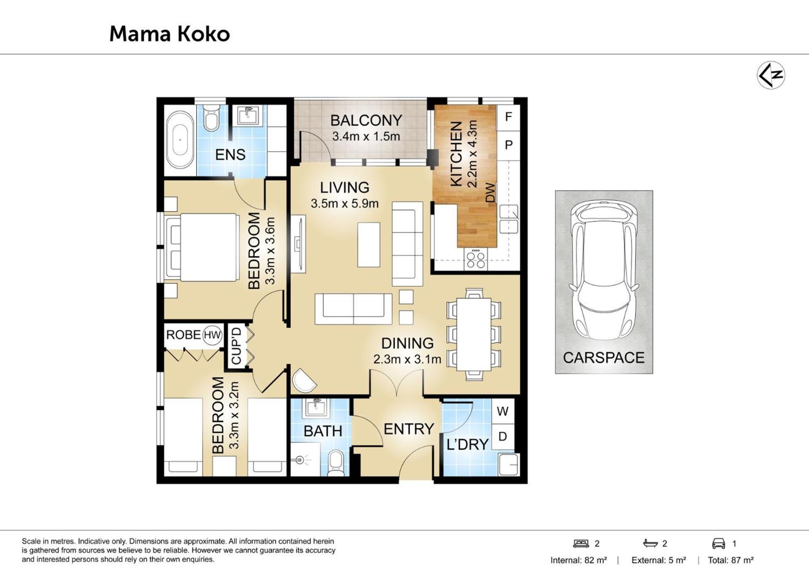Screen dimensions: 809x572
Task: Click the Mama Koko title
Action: pyautogui.click(x=170, y=34)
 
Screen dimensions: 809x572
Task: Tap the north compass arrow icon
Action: pyautogui.click(x=771, y=75)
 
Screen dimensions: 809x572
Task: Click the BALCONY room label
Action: pyautogui.click(x=366, y=120)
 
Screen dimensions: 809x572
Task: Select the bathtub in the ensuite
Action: pyautogui.click(x=180, y=140)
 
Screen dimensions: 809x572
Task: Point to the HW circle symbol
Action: pyautogui.click(x=212, y=335)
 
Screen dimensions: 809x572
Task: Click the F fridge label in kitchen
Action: pyautogui.click(x=509, y=117)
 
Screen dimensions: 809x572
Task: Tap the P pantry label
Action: pyautogui.click(x=509, y=145)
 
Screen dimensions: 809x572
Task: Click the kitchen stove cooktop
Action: pyautogui.click(x=476, y=259)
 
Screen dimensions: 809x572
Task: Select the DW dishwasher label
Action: pyautogui.click(x=490, y=192)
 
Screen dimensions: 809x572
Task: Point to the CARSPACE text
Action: pyautogui.click(x=603, y=358)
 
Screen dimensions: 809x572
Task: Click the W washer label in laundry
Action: pyautogui.click(x=503, y=411)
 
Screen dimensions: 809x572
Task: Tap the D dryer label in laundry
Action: pyautogui.click(x=503, y=436)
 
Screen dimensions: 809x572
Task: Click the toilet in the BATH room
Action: pyautogui.click(x=336, y=463)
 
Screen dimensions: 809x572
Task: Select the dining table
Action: pyautogui.click(x=474, y=334)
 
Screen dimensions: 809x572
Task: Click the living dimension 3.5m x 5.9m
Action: pyautogui.click(x=345, y=204)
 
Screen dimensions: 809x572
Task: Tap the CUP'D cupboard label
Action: pyautogui.click(x=236, y=346)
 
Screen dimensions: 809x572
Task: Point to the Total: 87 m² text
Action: pyautogui.click(x=731, y=560)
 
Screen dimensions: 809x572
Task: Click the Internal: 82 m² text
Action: pyautogui.click(x=579, y=560)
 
